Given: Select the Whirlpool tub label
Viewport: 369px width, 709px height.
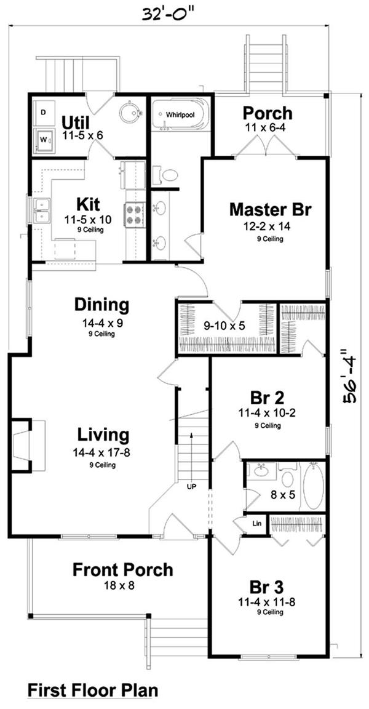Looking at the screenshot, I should click(x=180, y=115).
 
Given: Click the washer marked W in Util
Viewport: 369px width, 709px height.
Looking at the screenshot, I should click(x=44, y=140).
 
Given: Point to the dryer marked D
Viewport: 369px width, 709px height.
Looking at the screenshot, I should click(x=43, y=113).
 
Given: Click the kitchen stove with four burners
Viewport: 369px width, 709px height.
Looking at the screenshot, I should click(x=134, y=217).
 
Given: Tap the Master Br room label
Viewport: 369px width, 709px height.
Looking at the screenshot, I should click(x=270, y=209).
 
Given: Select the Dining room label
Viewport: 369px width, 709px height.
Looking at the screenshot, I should click(x=101, y=305).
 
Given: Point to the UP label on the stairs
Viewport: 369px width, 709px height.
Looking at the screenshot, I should click(x=192, y=486).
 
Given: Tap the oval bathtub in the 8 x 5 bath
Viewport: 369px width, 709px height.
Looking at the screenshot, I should click(x=313, y=486).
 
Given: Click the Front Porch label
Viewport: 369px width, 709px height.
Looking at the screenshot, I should click(x=122, y=570).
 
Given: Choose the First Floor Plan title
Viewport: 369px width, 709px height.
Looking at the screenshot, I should click(x=92, y=691).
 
